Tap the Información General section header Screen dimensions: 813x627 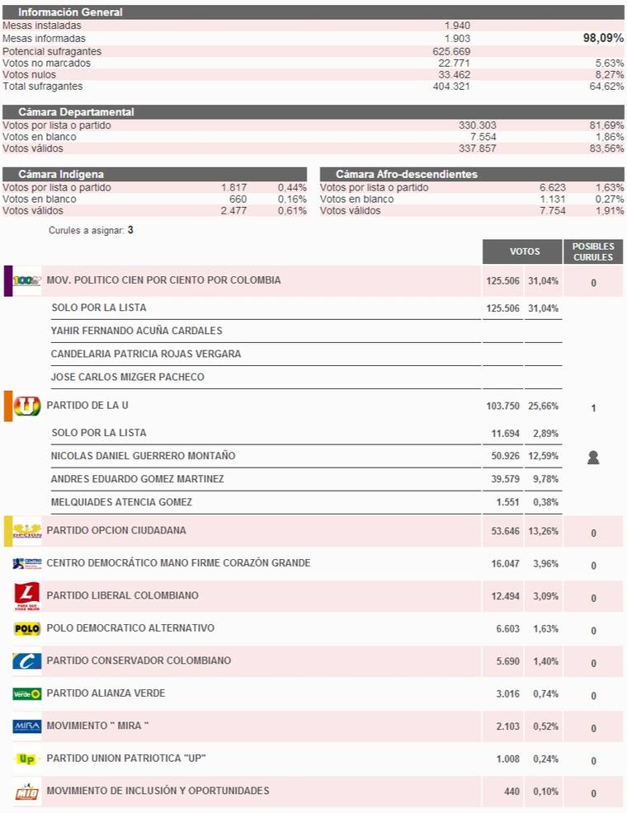(70, 12)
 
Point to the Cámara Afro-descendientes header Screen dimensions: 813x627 (406, 174)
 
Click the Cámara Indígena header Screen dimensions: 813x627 (61, 174)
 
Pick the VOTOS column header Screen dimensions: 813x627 (525, 251)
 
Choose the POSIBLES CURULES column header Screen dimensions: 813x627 (593, 251)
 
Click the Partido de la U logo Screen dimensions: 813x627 (27, 406)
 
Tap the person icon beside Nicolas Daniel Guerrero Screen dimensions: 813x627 (593, 458)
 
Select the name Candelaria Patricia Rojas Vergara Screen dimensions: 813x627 (146, 354)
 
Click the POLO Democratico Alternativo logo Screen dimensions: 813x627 (27, 629)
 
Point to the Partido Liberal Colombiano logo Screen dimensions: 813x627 (27, 595)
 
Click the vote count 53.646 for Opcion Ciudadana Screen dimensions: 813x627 (506, 531)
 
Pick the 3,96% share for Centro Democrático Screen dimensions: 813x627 (544, 564)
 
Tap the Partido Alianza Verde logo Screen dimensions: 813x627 (27, 693)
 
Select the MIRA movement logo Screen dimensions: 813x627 (27, 726)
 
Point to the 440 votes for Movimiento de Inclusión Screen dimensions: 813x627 (511, 792)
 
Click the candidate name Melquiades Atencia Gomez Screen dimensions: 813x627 (121, 502)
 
